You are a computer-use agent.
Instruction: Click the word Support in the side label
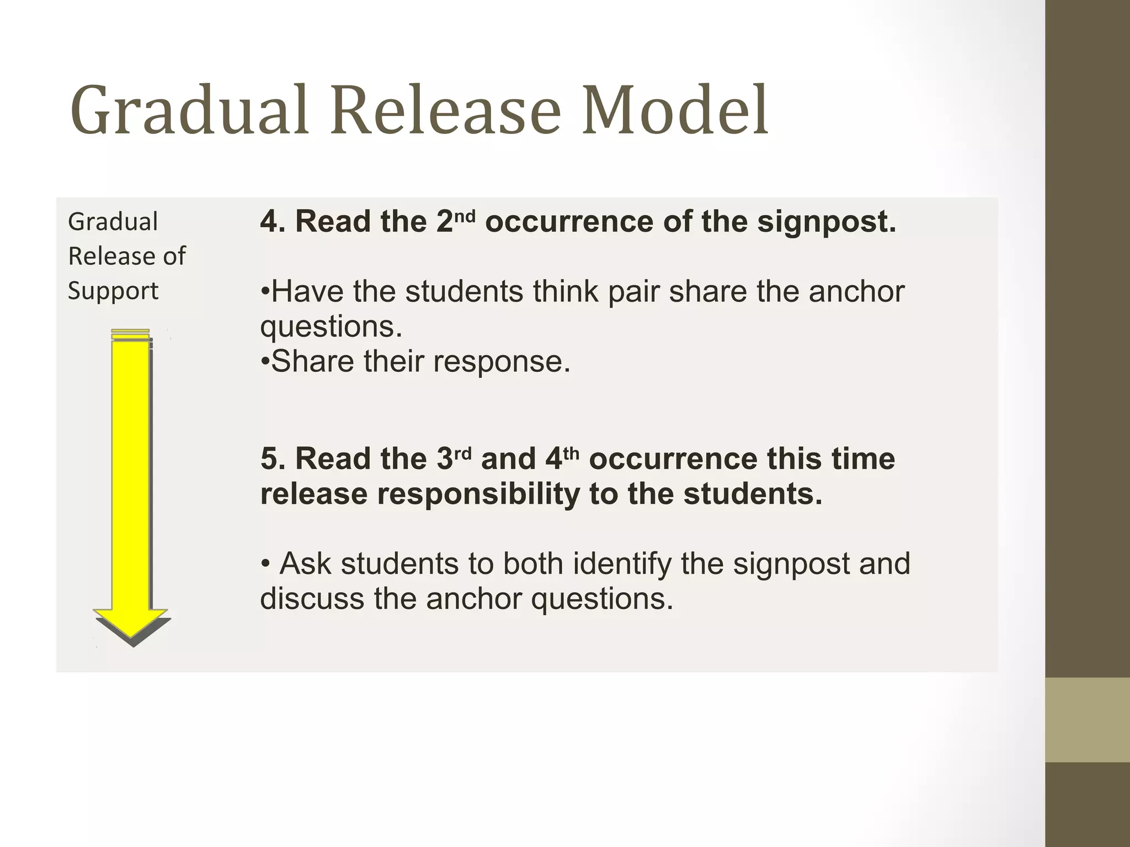[113, 291]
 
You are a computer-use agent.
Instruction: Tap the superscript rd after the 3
[463, 453]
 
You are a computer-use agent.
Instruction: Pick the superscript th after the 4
[572, 453]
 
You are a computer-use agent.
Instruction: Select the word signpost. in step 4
[826, 222]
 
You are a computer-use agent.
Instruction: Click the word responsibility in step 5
[478, 494]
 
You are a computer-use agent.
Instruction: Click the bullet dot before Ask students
[266, 564]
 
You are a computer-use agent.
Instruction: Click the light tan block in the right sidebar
[1087, 719]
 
